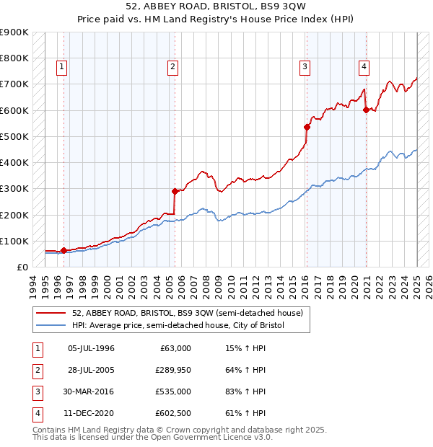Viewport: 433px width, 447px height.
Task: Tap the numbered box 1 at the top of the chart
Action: coord(62,67)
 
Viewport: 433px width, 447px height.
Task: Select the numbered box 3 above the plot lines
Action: coord(305,67)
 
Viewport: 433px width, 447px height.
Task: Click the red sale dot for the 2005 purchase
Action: coord(175,191)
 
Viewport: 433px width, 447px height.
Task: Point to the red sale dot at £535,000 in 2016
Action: coord(307,127)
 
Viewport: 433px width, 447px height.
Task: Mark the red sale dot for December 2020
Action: coord(366,110)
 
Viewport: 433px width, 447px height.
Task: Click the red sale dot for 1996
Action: coord(64,250)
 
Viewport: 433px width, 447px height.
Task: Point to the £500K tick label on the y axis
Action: coord(14,136)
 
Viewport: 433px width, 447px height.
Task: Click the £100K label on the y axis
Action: coord(14,241)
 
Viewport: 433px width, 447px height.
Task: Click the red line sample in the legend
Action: coord(51,313)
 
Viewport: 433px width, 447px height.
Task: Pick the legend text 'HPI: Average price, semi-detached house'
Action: coord(178,325)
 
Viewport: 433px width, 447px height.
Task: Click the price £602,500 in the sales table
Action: coord(172,414)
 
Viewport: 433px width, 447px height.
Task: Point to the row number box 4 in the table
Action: coord(37,414)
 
